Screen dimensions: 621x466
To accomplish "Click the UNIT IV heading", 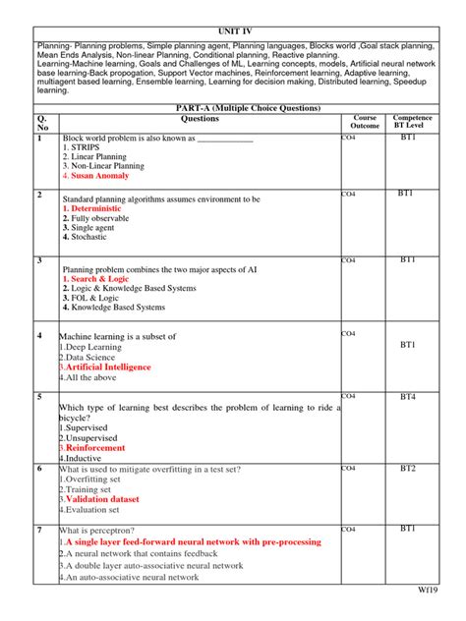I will coord(233,32).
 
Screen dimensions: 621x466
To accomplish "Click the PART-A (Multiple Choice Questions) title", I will coord(232,107).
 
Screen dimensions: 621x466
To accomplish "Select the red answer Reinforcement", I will coord(98,448).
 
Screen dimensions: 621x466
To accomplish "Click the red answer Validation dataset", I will coord(103,499).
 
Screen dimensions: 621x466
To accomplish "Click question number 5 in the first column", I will coord(39,396).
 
